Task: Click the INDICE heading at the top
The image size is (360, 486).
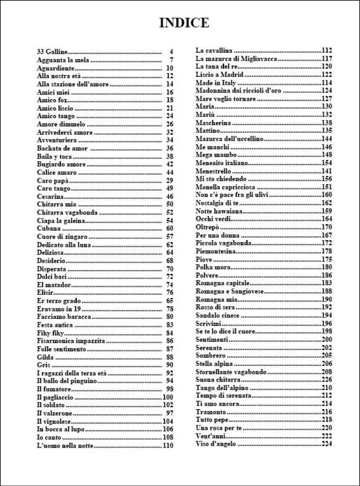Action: click(x=184, y=23)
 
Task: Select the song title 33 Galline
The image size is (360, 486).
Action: click(x=53, y=51)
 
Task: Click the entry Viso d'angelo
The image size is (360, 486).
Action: click(x=215, y=444)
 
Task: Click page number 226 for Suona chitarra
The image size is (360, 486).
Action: click(x=326, y=380)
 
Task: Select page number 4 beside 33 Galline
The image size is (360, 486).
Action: click(x=171, y=51)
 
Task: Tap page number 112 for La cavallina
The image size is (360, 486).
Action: click(x=326, y=50)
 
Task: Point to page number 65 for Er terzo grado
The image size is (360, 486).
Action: click(x=170, y=301)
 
